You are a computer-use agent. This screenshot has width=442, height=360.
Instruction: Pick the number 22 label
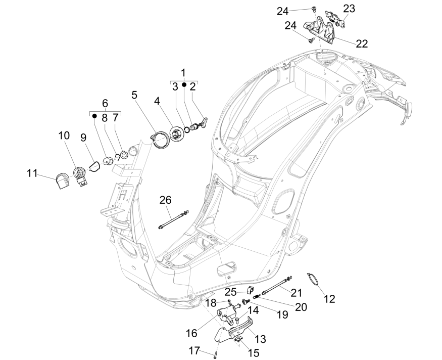tap(361, 43)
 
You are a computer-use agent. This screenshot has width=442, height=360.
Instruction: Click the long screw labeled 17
tap(215, 353)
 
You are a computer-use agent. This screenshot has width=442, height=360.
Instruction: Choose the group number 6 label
tap(106, 103)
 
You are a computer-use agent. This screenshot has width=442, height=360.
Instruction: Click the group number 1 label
tap(183, 72)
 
